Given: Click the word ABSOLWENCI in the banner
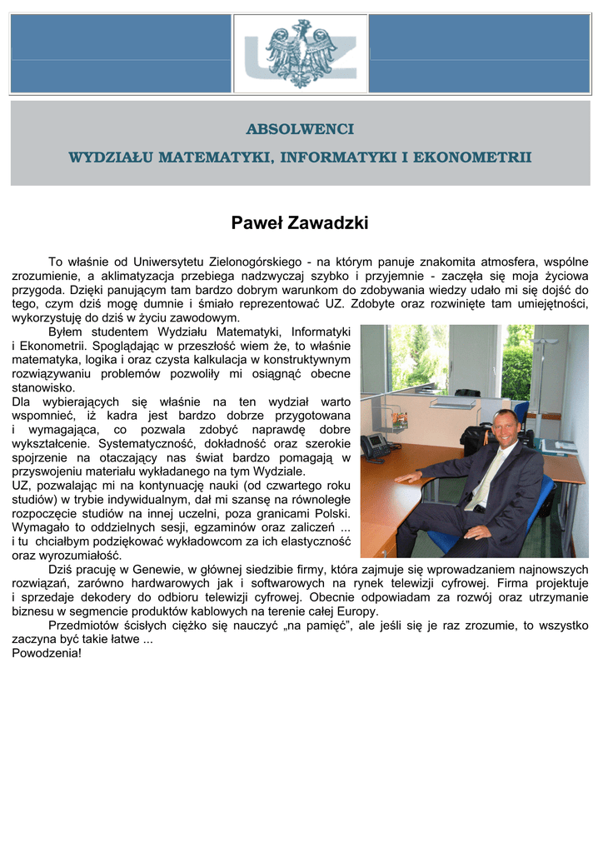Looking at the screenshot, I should point(300,130).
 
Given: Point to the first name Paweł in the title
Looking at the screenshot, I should point(257,223).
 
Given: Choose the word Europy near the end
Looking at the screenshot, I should point(357,611).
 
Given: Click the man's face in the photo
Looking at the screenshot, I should point(504,428).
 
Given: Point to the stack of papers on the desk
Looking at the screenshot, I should point(559,446).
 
